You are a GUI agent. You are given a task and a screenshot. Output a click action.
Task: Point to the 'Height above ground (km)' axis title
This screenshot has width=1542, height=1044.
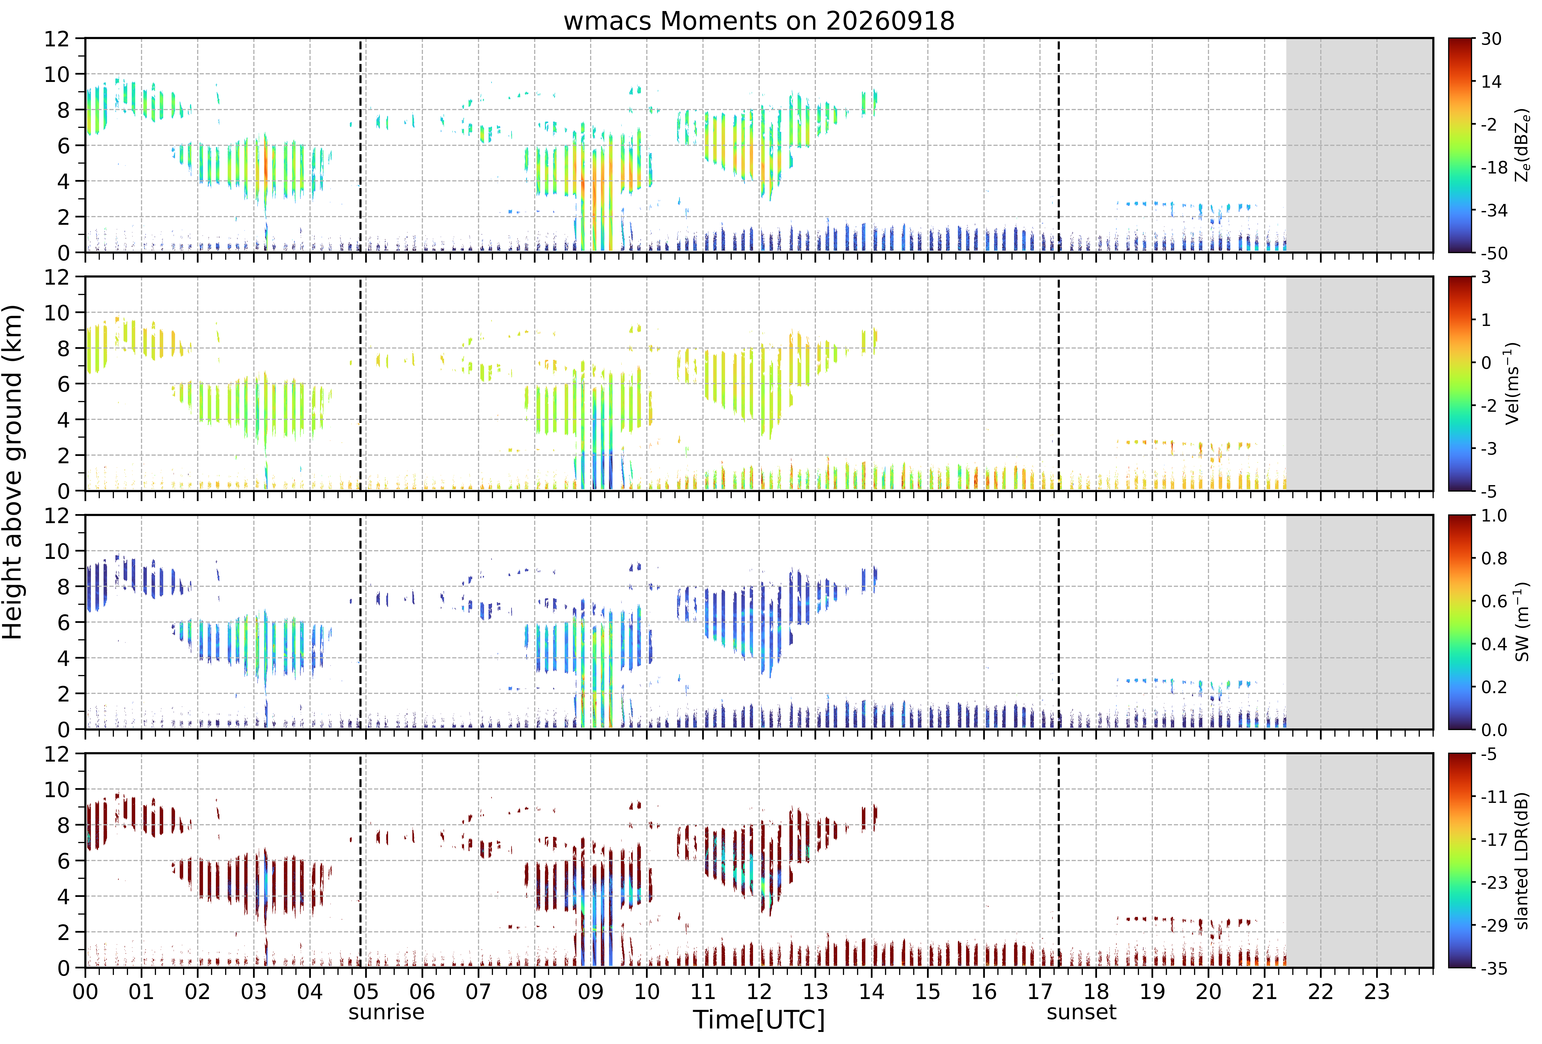(13, 472)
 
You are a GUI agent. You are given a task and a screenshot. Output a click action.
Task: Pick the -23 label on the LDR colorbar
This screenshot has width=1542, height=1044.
(1494, 883)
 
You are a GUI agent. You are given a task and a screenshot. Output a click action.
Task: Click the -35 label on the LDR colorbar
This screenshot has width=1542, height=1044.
(1494, 968)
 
